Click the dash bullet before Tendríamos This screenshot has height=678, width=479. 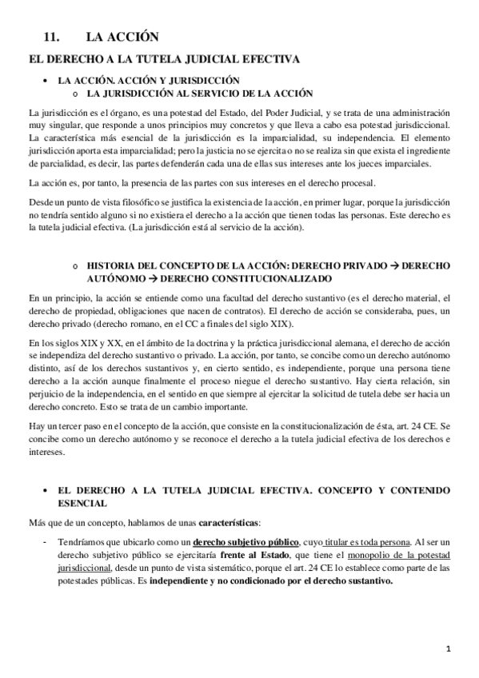point(41,519)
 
